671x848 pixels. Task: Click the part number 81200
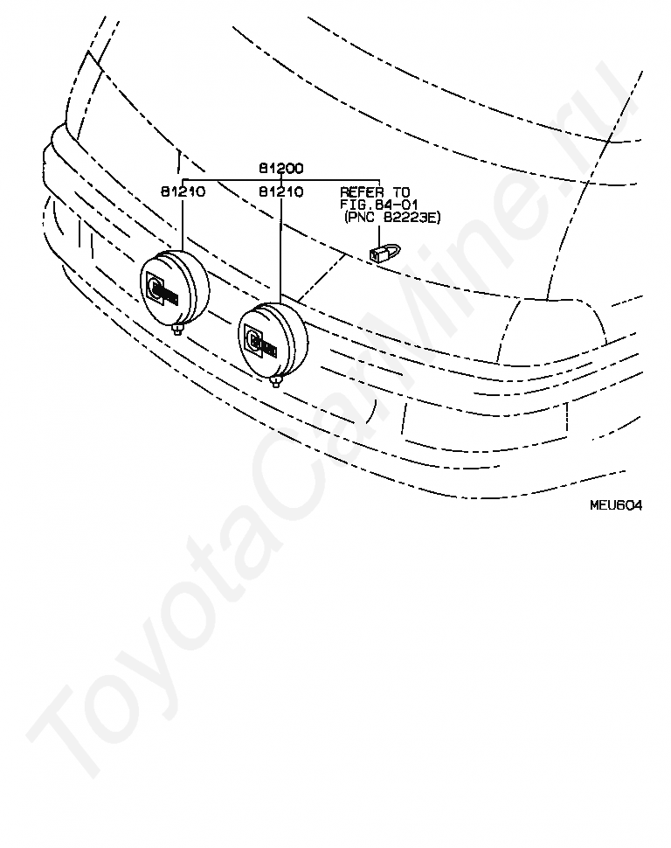[x=280, y=167]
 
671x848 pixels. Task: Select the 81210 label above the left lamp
[x=183, y=191]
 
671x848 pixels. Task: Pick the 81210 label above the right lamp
[x=280, y=191]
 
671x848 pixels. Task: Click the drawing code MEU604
[x=615, y=504]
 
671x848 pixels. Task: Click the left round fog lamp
[x=175, y=289]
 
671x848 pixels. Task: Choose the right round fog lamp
[x=272, y=341]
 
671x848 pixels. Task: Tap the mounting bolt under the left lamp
[x=179, y=330]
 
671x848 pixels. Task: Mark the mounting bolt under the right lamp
[x=276, y=381]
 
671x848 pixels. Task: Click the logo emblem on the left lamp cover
[x=162, y=288]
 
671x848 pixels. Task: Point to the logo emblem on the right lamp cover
[x=259, y=340]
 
